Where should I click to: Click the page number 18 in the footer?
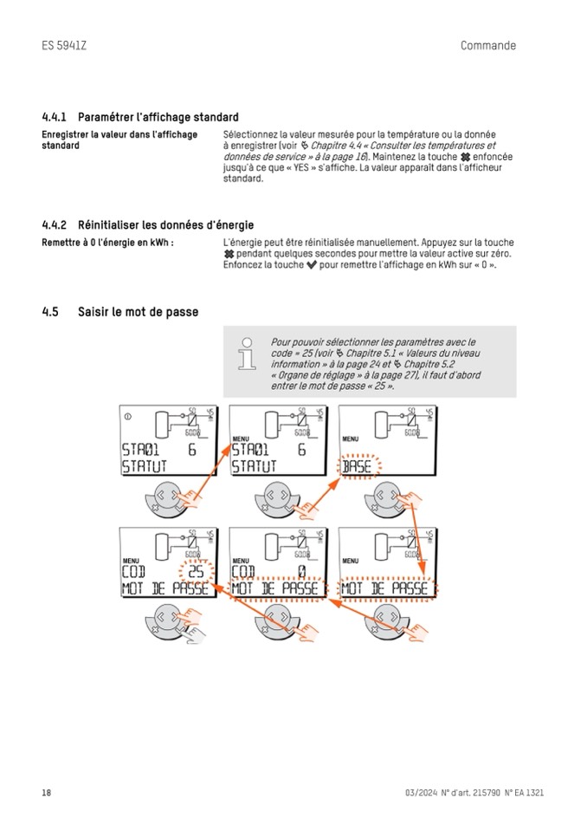click(46, 793)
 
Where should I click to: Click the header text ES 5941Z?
click(64, 46)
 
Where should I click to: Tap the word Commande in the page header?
click(488, 46)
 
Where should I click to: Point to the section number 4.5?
click(49, 312)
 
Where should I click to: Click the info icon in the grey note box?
click(248, 354)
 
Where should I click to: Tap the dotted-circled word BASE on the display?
click(358, 467)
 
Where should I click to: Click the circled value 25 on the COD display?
click(196, 571)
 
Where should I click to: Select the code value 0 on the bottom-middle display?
click(300, 571)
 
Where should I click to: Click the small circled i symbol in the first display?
click(128, 417)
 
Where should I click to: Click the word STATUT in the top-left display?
click(144, 468)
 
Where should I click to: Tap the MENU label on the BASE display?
click(351, 439)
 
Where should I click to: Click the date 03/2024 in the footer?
click(421, 793)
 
